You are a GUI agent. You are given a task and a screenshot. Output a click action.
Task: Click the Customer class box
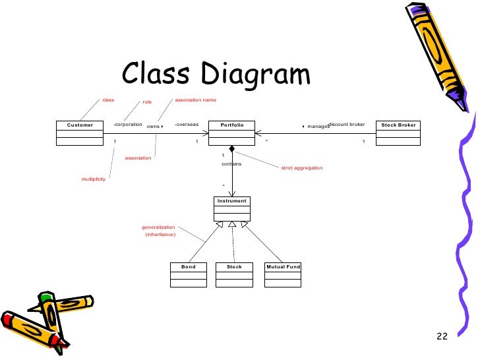coord(80,132)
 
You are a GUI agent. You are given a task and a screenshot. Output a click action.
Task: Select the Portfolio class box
coord(232,132)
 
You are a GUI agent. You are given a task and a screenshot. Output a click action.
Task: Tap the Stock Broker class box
coord(399,132)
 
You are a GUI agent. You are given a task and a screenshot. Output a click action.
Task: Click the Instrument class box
coord(232,208)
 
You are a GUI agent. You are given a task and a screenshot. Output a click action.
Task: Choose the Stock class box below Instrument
coord(234,274)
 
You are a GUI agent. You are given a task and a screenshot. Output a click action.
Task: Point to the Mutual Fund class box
coord(283,274)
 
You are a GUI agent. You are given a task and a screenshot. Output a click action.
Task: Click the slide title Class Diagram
coord(216,74)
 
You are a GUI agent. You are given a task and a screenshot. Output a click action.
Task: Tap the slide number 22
coord(442,338)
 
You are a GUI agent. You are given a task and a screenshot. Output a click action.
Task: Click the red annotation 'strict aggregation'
coord(302,168)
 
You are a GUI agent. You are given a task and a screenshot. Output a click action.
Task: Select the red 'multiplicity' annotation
coord(93,179)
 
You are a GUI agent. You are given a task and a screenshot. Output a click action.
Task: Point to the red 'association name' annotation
coord(195,100)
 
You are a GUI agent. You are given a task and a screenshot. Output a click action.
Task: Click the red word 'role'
coord(147,102)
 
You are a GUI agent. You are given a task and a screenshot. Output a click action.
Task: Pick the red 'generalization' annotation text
coord(158,227)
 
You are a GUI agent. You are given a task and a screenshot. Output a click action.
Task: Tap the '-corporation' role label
coord(128,124)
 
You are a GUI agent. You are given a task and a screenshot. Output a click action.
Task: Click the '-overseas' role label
coord(187,124)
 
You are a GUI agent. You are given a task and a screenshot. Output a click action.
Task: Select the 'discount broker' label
coord(347,124)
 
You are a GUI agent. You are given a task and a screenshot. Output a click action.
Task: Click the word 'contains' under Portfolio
coord(231,164)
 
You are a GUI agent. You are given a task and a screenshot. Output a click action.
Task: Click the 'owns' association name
coord(153,125)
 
